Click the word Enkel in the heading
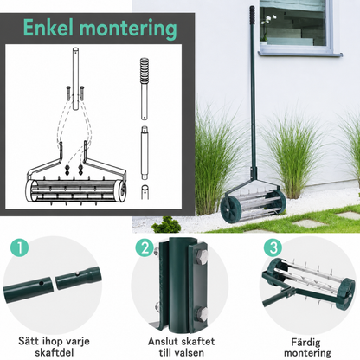[x=49, y=28]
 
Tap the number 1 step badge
[x=20, y=247]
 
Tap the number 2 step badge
[x=145, y=247]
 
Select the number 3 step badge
[x=273, y=247]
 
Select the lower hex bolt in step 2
[x=202, y=313]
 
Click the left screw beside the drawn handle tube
[x=68, y=93]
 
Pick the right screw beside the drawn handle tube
[x=82, y=93]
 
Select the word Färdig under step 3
[x=305, y=343]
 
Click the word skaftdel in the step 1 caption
[x=54, y=352]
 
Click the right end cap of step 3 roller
[x=346, y=294]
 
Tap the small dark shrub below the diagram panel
[x=166, y=225]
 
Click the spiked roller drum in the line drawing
[x=76, y=191]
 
